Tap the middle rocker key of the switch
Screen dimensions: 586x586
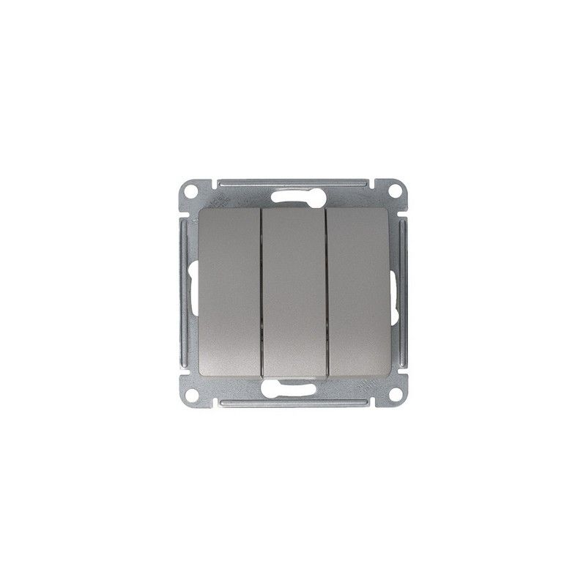[x=292, y=291]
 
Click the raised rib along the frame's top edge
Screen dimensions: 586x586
[x=292, y=180]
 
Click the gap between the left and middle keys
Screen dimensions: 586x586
[x=262, y=291]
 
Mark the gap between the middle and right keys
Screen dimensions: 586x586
[x=324, y=291]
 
